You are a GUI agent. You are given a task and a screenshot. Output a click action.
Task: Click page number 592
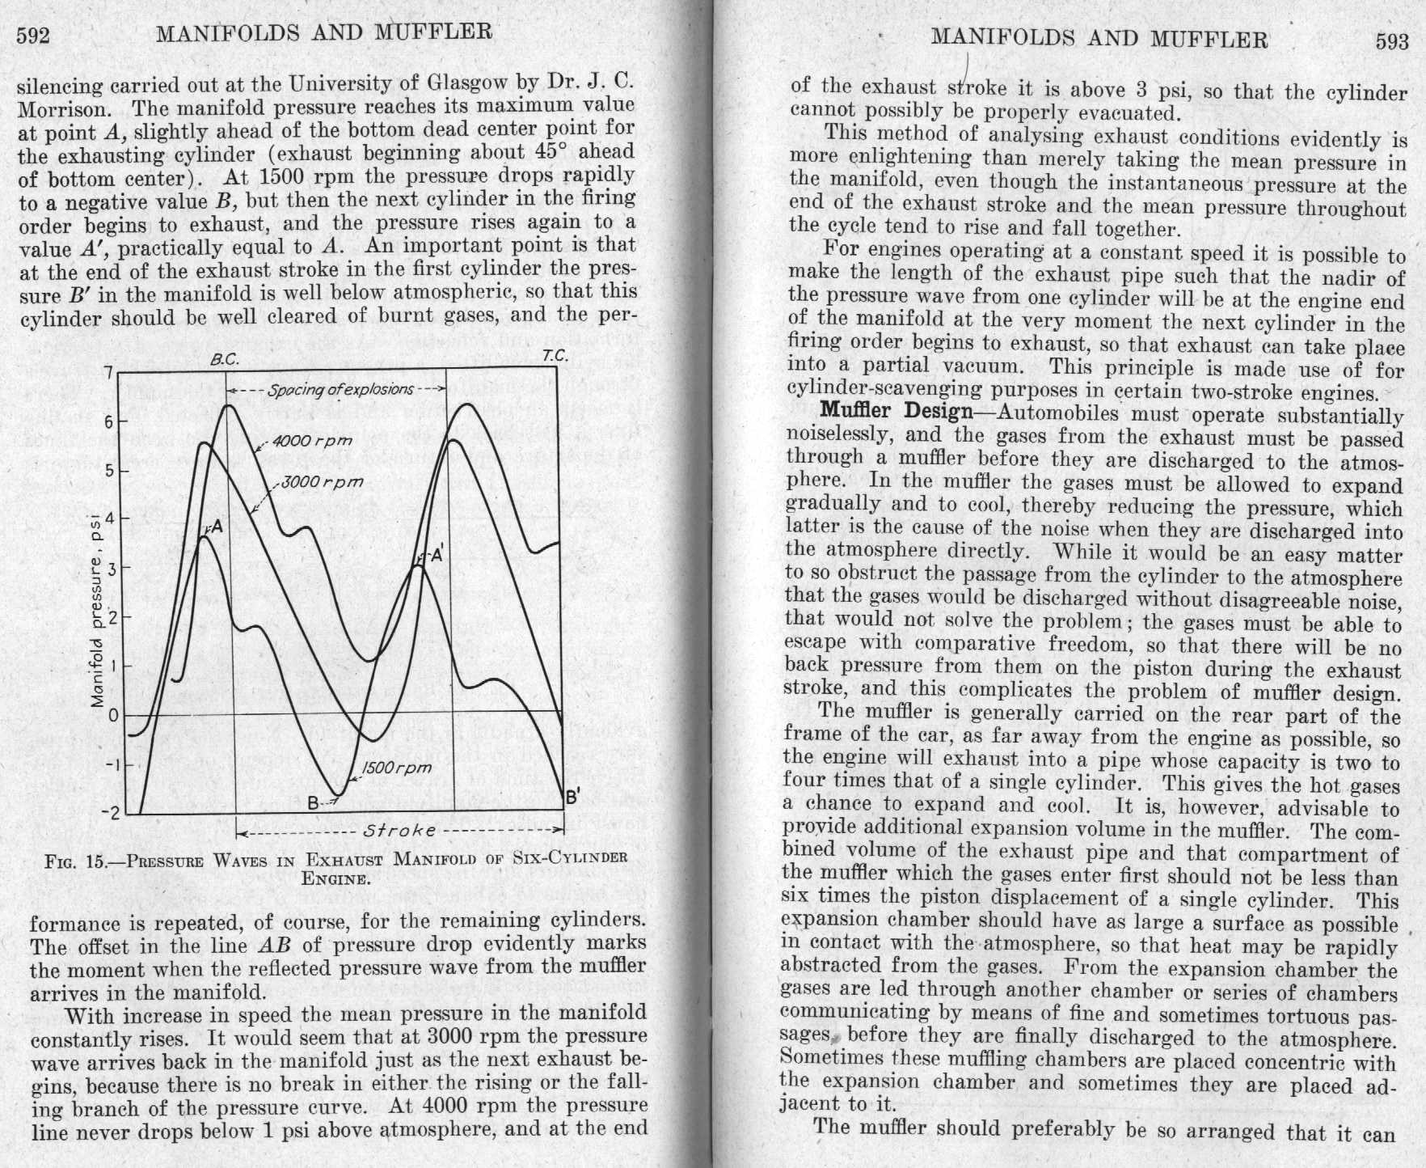pos(34,36)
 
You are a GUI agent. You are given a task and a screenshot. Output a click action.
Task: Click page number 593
pos(1392,40)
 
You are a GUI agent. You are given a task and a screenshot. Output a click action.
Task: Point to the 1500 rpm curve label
pos(396,768)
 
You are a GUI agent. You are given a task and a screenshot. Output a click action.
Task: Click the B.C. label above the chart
pos(224,360)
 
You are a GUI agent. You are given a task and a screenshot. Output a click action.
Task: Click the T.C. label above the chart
pos(555,355)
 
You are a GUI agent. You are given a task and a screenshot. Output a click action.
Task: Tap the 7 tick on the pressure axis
pos(108,375)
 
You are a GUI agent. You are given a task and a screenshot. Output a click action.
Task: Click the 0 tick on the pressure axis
pos(113,716)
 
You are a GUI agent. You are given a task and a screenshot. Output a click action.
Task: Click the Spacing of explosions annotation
pos(340,390)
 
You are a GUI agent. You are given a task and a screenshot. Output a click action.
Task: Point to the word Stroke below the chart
pos(400,831)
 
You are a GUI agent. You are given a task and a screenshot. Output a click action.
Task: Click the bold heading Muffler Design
pos(896,411)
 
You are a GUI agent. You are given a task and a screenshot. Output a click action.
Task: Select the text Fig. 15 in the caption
pos(75,860)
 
